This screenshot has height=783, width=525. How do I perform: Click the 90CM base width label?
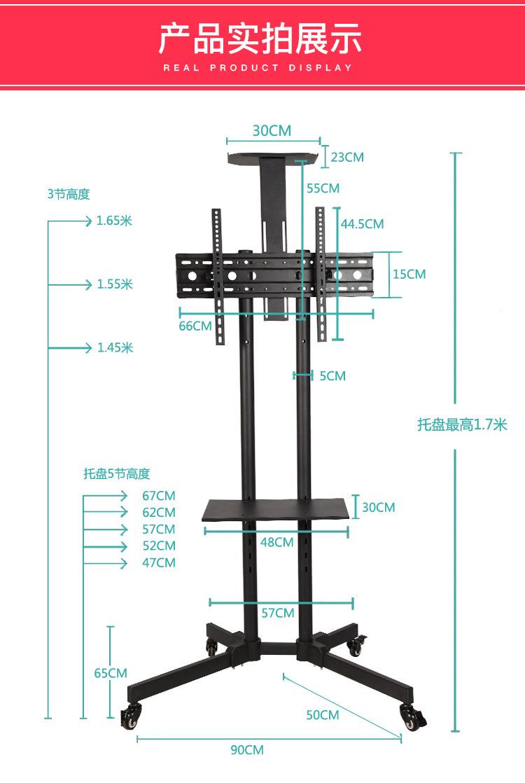(247, 749)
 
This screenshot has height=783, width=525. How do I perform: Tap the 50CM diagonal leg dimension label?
(323, 715)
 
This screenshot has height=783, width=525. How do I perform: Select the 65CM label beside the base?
(111, 673)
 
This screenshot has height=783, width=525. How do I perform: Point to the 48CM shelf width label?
(277, 542)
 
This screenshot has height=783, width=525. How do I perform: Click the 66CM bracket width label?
(195, 326)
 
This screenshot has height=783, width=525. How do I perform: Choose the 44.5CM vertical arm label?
(363, 223)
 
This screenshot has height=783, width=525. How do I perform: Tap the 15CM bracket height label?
(409, 274)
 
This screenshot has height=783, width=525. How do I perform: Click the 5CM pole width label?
(332, 376)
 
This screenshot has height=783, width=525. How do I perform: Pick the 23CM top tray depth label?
(347, 158)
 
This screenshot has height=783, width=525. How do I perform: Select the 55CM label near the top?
(323, 188)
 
